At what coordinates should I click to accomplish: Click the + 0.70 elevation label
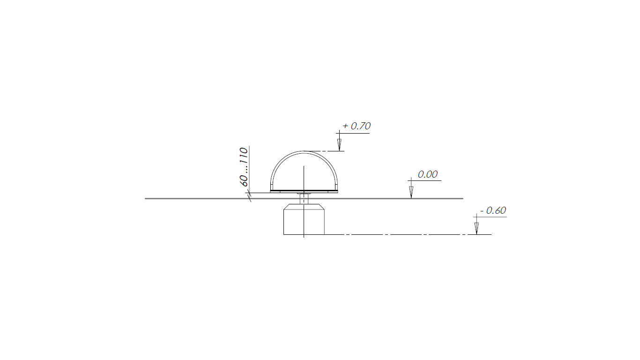click(356, 126)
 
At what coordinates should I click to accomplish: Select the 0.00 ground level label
click(427, 174)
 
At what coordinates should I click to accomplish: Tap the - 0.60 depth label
click(493, 211)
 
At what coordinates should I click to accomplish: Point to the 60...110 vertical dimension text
click(244, 167)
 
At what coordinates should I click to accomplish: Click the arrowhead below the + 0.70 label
click(339, 145)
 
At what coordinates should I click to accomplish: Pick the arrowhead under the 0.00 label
click(411, 192)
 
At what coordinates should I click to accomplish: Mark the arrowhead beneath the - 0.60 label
click(476, 228)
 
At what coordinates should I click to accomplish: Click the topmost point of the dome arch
click(304, 151)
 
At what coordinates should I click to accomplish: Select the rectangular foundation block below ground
click(304, 219)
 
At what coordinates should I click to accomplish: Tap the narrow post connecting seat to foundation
click(304, 199)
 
